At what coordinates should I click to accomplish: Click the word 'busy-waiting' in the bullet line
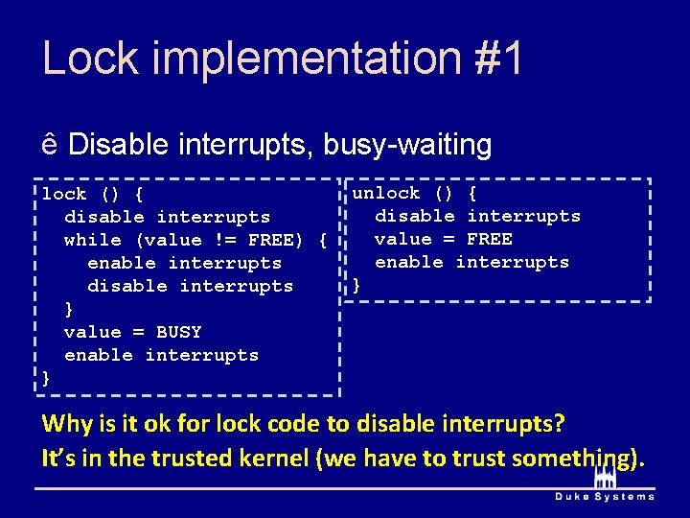click(x=407, y=146)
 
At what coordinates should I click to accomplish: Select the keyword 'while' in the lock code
click(x=93, y=240)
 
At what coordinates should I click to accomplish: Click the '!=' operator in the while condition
click(x=224, y=240)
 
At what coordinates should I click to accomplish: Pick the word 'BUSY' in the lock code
click(x=178, y=332)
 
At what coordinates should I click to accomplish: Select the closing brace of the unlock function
click(x=357, y=285)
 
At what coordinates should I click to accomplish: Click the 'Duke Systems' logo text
click(x=605, y=496)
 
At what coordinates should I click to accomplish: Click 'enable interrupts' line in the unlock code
click(x=471, y=262)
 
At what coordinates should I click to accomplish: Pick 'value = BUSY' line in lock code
click(x=132, y=332)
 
